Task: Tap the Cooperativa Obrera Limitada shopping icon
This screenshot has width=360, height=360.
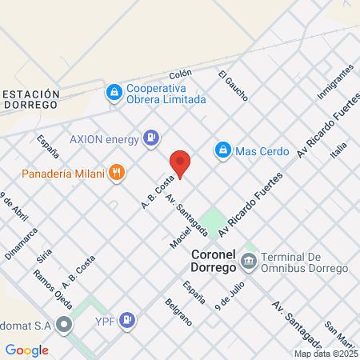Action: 114,93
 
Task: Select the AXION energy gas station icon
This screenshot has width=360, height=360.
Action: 150,138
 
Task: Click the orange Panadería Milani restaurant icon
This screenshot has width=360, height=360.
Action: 117,171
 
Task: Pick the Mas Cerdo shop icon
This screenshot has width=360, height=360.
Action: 223,150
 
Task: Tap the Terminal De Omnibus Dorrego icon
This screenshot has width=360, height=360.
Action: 249,261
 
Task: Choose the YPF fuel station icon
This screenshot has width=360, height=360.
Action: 127,322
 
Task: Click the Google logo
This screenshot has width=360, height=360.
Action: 27,350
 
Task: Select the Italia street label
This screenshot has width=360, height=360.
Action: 339,150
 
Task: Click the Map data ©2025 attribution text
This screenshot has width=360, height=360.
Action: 326,354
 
